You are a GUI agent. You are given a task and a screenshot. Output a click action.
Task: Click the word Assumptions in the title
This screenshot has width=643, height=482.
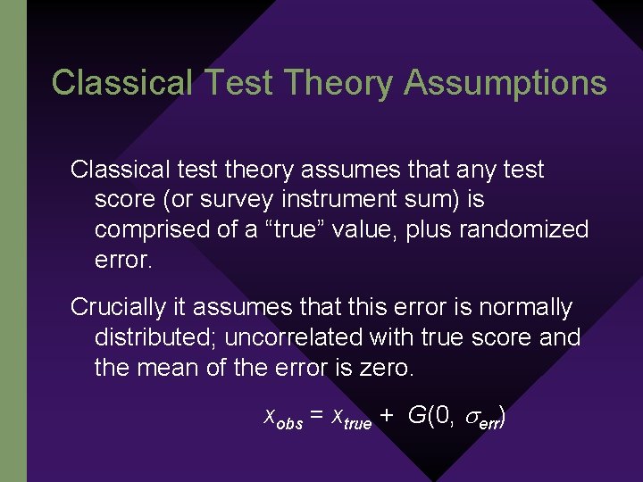click(505, 83)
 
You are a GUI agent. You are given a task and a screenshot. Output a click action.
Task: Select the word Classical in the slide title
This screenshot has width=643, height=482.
click(121, 83)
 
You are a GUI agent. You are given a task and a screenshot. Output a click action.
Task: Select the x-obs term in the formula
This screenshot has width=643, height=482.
click(284, 416)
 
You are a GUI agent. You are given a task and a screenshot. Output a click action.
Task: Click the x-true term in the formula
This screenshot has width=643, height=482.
click(351, 416)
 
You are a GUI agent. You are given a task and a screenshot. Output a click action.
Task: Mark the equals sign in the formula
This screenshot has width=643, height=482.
click(317, 415)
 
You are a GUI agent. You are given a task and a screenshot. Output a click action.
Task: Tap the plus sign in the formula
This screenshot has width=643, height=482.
click(387, 415)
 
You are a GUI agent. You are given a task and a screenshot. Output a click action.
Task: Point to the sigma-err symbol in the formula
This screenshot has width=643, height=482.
click(483, 418)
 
